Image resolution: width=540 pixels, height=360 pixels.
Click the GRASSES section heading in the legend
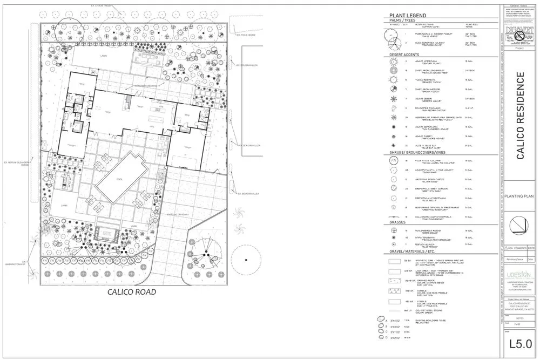(x=399, y=222)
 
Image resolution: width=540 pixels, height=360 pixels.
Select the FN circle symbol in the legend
(x=394, y=161)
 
